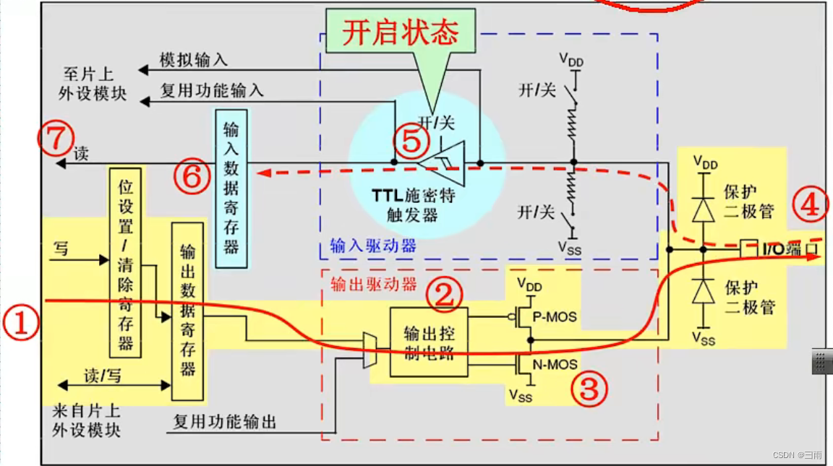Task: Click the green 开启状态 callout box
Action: [x=401, y=32]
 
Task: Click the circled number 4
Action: [x=809, y=205]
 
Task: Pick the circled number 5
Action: [x=411, y=142]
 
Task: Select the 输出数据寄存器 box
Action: [x=188, y=311]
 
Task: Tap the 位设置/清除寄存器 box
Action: [x=126, y=262]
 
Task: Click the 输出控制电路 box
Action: [x=428, y=341]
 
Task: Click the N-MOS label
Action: [x=555, y=365]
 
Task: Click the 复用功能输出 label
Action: [x=224, y=421]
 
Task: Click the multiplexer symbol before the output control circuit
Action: [x=369, y=350]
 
